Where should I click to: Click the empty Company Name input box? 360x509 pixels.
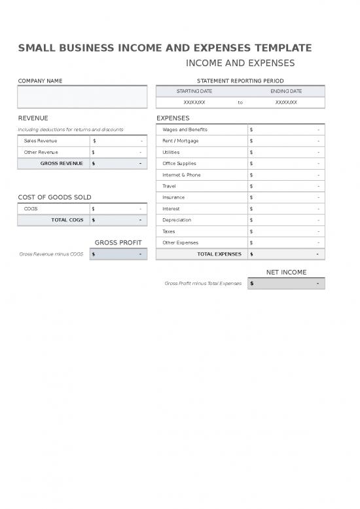pos(82,97)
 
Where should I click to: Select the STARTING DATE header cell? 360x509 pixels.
pos(194,91)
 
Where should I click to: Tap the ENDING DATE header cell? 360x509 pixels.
pos(286,91)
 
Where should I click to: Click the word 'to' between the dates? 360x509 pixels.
pos(240,102)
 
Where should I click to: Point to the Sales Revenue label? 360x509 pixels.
pos(41,141)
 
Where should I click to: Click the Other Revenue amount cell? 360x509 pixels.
pos(118,152)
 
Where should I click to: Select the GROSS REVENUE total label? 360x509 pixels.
pos(62,163)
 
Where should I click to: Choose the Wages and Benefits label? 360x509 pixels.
pos(185,130)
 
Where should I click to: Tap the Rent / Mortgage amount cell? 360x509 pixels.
pos(285,141)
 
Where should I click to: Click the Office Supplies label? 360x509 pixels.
pos(179,163)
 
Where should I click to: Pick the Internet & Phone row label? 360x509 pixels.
pos(181,175)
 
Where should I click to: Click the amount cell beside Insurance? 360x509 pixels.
pos(285,197)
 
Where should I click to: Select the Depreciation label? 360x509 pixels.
pos(177,220)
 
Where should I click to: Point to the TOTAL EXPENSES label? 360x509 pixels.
pos(219,254)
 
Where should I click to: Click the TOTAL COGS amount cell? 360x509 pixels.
pos(118,220)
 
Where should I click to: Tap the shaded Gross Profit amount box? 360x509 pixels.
pos(118,254)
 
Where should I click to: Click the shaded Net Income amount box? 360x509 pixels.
pos(285,284)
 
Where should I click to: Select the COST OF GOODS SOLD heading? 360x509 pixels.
pos(54,197)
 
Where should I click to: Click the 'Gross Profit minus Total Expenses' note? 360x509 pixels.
pos(202,284)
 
